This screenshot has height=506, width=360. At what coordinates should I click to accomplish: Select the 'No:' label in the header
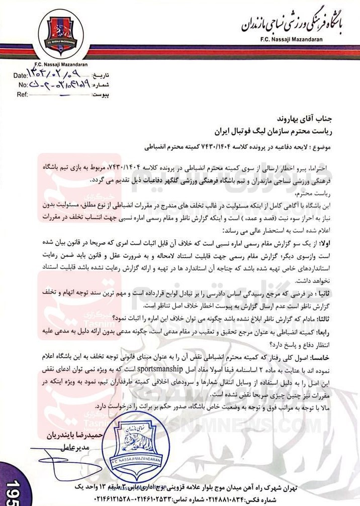click(23, 84)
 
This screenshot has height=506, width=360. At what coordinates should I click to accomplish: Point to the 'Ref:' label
click(23, 94)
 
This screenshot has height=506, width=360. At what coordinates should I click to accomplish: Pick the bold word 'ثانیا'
click(342, 291)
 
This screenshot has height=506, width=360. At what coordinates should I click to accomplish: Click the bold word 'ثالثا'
click(342, 317)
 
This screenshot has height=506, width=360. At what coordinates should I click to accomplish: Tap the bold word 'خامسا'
click(340, 355)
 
